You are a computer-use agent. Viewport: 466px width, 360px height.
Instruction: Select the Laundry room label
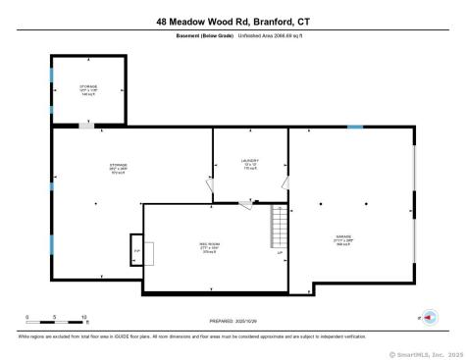[x=249, y=164]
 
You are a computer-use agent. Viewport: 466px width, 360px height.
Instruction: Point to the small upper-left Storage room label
[x=88, y=90]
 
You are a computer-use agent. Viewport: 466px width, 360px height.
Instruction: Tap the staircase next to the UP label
[x=281, y=231]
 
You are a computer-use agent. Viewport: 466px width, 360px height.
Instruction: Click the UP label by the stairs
[x=280, y=255]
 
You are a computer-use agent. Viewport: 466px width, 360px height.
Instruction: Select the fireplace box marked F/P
[x=136, y=251]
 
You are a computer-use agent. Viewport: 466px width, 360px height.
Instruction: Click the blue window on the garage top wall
[x=355, y=128]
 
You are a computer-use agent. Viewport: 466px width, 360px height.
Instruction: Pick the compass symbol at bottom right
[x=429, y=318]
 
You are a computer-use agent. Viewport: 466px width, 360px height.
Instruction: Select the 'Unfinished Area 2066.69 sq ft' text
[x=264, y=37]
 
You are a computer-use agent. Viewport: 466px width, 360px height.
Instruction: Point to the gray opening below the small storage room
[x=87, y=126]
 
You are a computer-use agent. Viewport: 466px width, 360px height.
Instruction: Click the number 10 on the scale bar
[x=84, y=317]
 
